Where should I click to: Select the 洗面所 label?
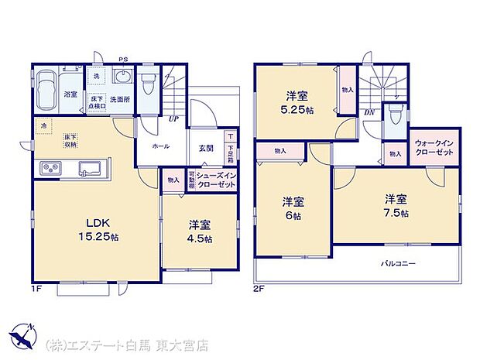click(119, 100)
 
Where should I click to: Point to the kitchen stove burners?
click(50, 167)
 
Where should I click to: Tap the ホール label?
click(161, 146)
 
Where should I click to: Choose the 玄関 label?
click(205, 147)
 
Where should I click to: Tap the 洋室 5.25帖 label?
click(297, 102)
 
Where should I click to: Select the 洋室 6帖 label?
click(293, 208)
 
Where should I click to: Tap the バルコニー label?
click(398, 263)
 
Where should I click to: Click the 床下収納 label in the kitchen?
click(71, 141)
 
